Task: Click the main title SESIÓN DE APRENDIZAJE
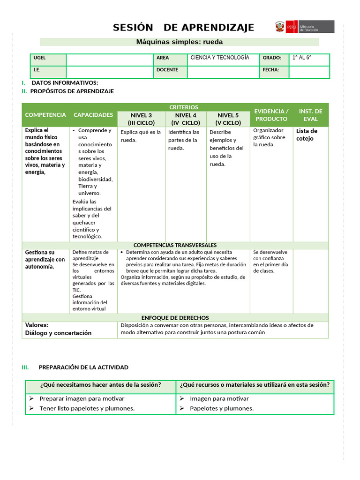183,28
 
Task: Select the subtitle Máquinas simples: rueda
180,42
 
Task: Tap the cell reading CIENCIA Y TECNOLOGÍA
219,58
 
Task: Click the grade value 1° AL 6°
302,58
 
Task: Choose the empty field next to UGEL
110,60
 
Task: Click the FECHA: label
271,70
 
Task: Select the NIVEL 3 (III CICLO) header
141,119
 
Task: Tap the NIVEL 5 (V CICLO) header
228,119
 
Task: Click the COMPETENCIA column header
45,115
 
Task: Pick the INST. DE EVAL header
310,115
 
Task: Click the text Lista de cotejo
307,135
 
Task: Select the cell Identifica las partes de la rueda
183,140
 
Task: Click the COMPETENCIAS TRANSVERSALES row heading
175,245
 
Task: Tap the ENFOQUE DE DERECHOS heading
175,318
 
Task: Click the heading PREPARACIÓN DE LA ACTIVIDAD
83,367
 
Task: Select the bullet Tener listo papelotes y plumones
87,408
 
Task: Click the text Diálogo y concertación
58,333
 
